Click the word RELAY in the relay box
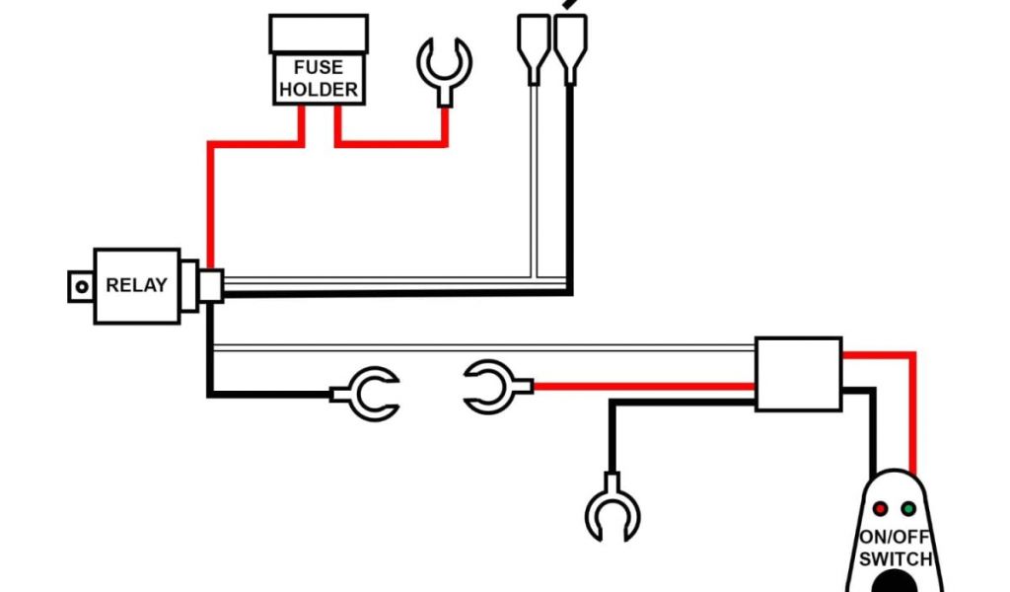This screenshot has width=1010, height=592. click(137, 286)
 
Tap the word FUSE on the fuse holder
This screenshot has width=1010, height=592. click(318, 68)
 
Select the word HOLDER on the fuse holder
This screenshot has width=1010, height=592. click(318, 90)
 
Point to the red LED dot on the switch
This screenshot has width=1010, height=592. click(881, 509)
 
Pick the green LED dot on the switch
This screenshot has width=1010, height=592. click(908, 509)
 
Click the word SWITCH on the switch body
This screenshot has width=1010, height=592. click(895, 558)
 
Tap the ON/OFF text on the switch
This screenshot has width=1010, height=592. click(895, 539)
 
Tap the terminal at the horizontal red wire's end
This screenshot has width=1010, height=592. click(490, 387)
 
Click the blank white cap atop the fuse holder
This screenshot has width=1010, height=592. click(318, 34)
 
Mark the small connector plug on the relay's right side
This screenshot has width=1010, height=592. click(210, 286)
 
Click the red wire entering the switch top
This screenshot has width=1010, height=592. click(912, 434)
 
